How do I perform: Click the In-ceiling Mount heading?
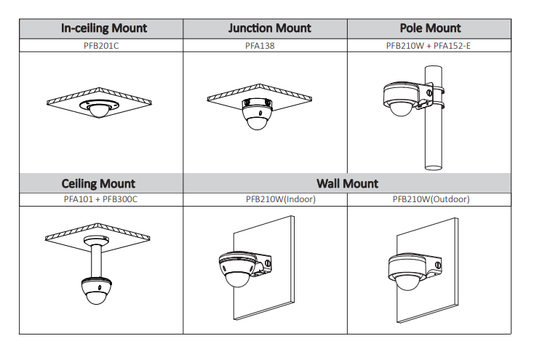coord(104,28)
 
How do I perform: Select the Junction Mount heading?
coord(269,28)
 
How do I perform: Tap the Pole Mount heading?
coord(430,28)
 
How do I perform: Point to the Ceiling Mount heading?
coord(98,184)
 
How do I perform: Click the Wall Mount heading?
coord(347,184)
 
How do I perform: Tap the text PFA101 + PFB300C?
coord(100,199)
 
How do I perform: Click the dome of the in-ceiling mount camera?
coord(97,111)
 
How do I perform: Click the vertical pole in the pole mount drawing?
coord(433,138)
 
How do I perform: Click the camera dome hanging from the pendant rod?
coord(95,293)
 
